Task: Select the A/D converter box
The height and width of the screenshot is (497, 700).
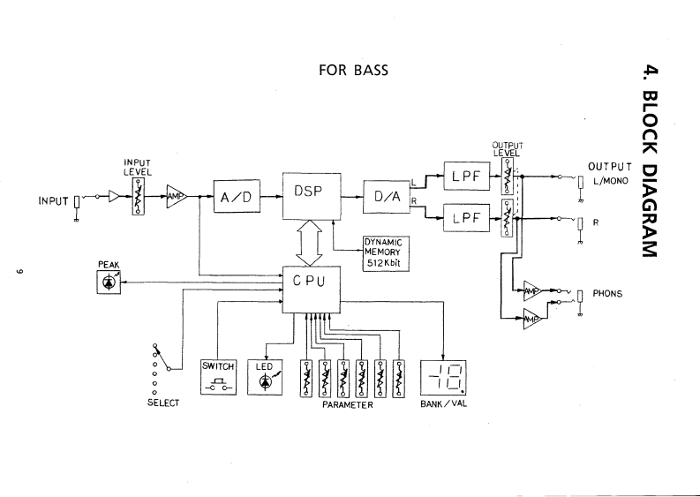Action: (236, 198)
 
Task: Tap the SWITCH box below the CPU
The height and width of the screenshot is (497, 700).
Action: (220, 375)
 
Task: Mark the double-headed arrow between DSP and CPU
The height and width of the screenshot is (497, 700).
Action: (310, 243)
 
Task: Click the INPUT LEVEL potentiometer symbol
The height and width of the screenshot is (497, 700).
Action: (137, 197)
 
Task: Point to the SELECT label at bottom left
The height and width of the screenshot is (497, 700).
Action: (163, 403)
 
